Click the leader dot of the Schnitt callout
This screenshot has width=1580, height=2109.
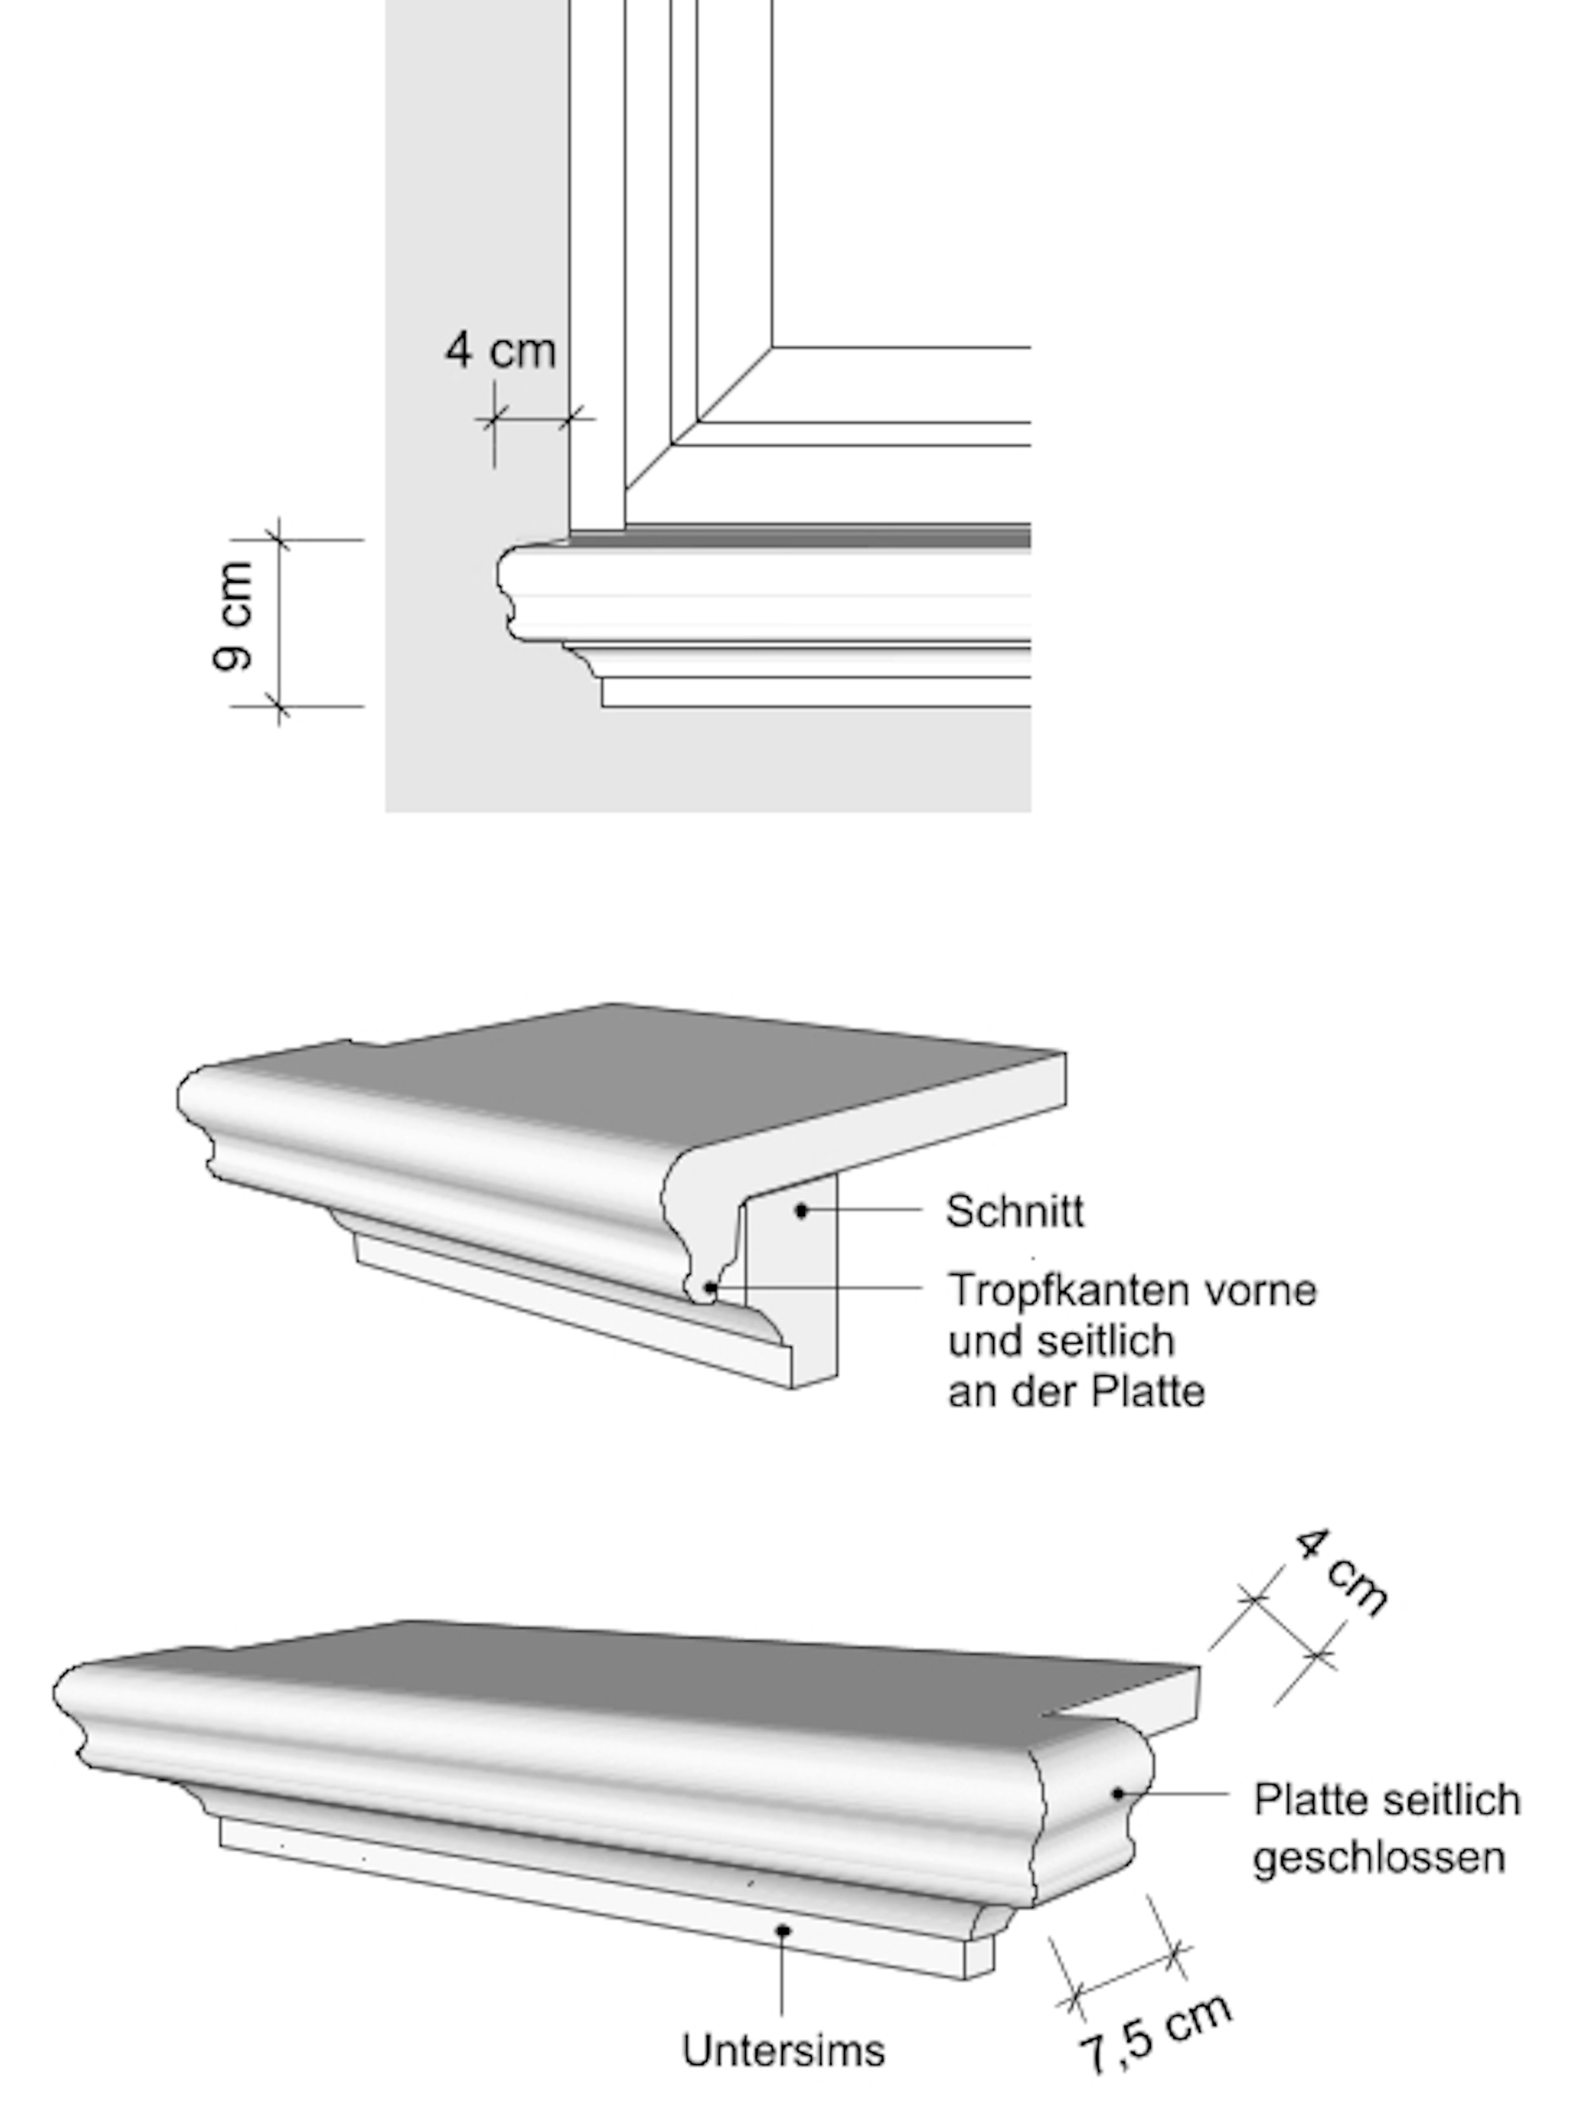click(x=802, y=1211)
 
